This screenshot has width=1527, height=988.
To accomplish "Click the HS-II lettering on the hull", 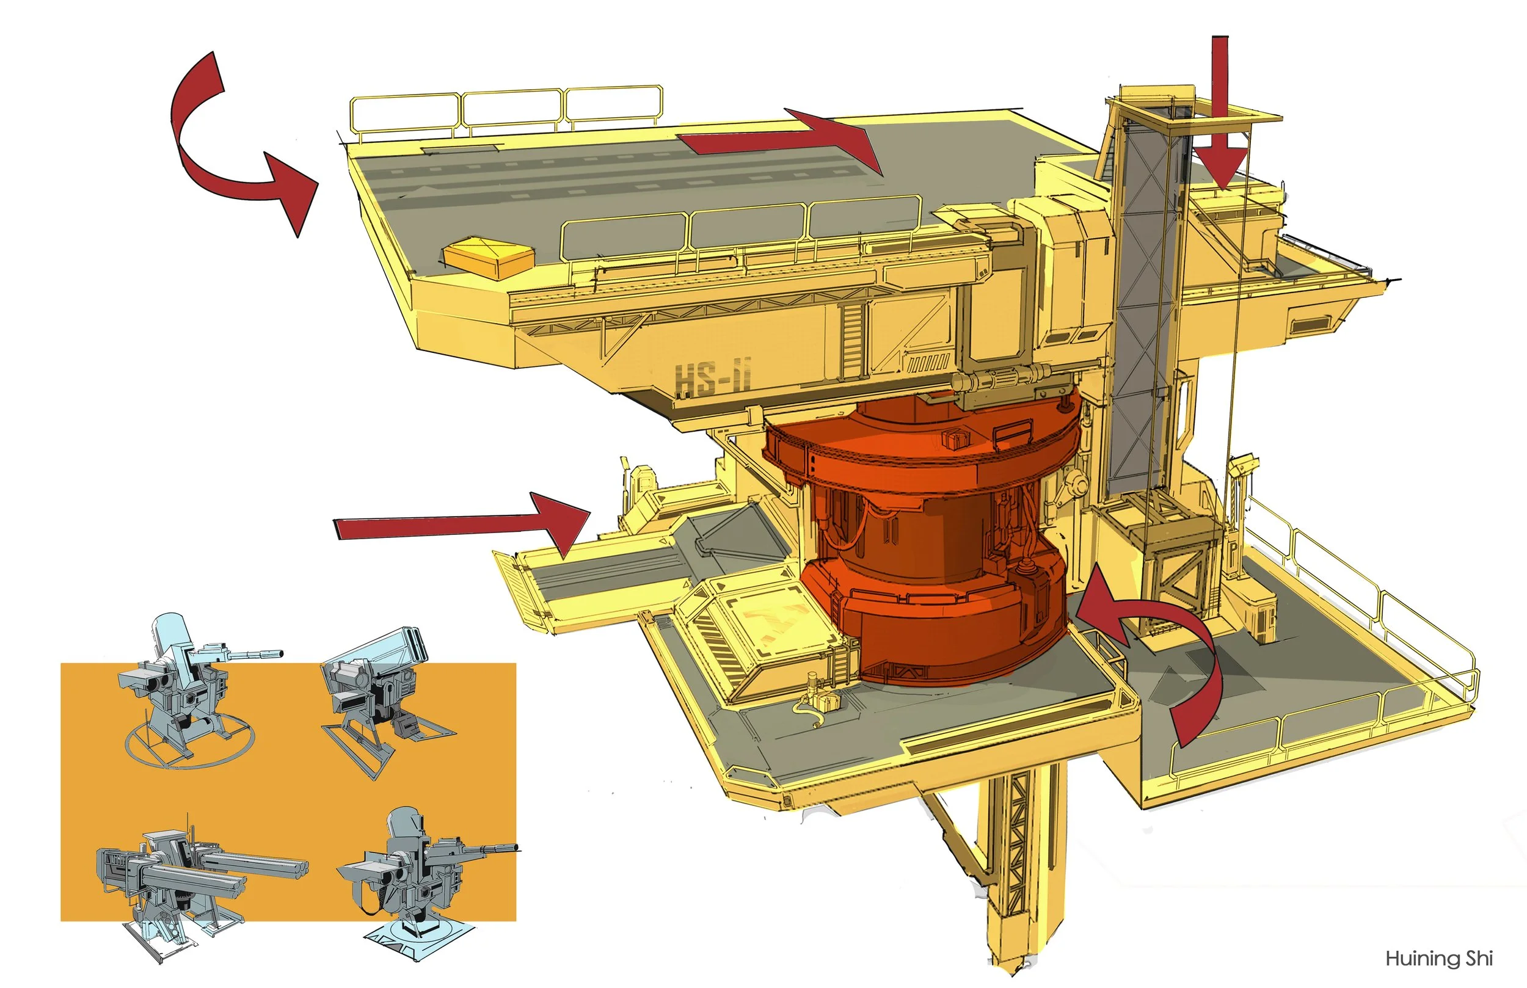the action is coord(713,376).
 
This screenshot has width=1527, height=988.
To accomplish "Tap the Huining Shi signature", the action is coord(1439,959).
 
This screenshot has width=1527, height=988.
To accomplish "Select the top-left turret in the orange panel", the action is coord(186,686).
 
